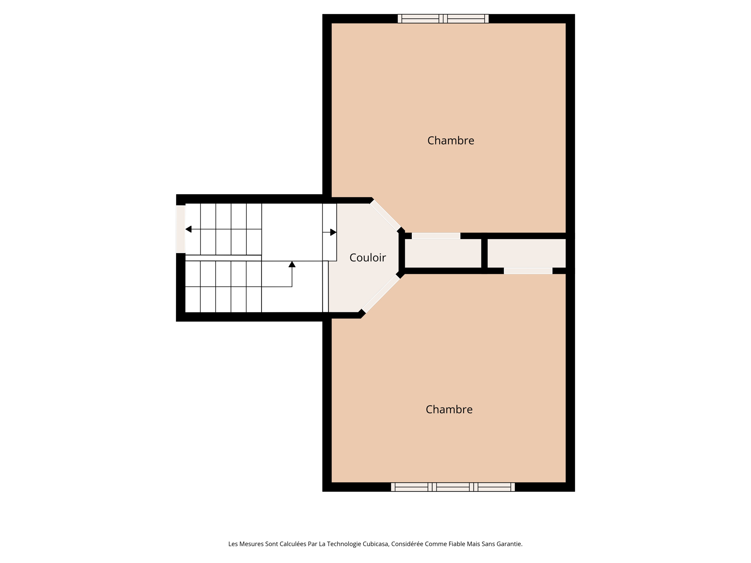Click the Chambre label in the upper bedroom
(x=451, y=141)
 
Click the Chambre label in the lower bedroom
(x=449, y=409)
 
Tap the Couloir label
(x=367, y=258)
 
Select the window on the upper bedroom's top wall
(x=443, y=19)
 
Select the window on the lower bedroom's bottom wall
(x=453, y=487)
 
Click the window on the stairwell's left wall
(x=180, y=229)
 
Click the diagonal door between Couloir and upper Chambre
(x=385, y=216)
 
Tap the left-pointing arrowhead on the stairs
(x=188, y=229)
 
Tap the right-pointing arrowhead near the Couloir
(x=333, y=232)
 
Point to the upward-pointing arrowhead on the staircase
(x=292, y=264)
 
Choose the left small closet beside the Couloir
(x=443, y=253)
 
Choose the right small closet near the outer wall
(x=526, y=253)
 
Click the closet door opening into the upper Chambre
(x=436, y=236)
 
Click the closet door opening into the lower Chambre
(x=528, y=271)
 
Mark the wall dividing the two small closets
(x=484, y=253)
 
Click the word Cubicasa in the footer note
(x=375, y=544)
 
